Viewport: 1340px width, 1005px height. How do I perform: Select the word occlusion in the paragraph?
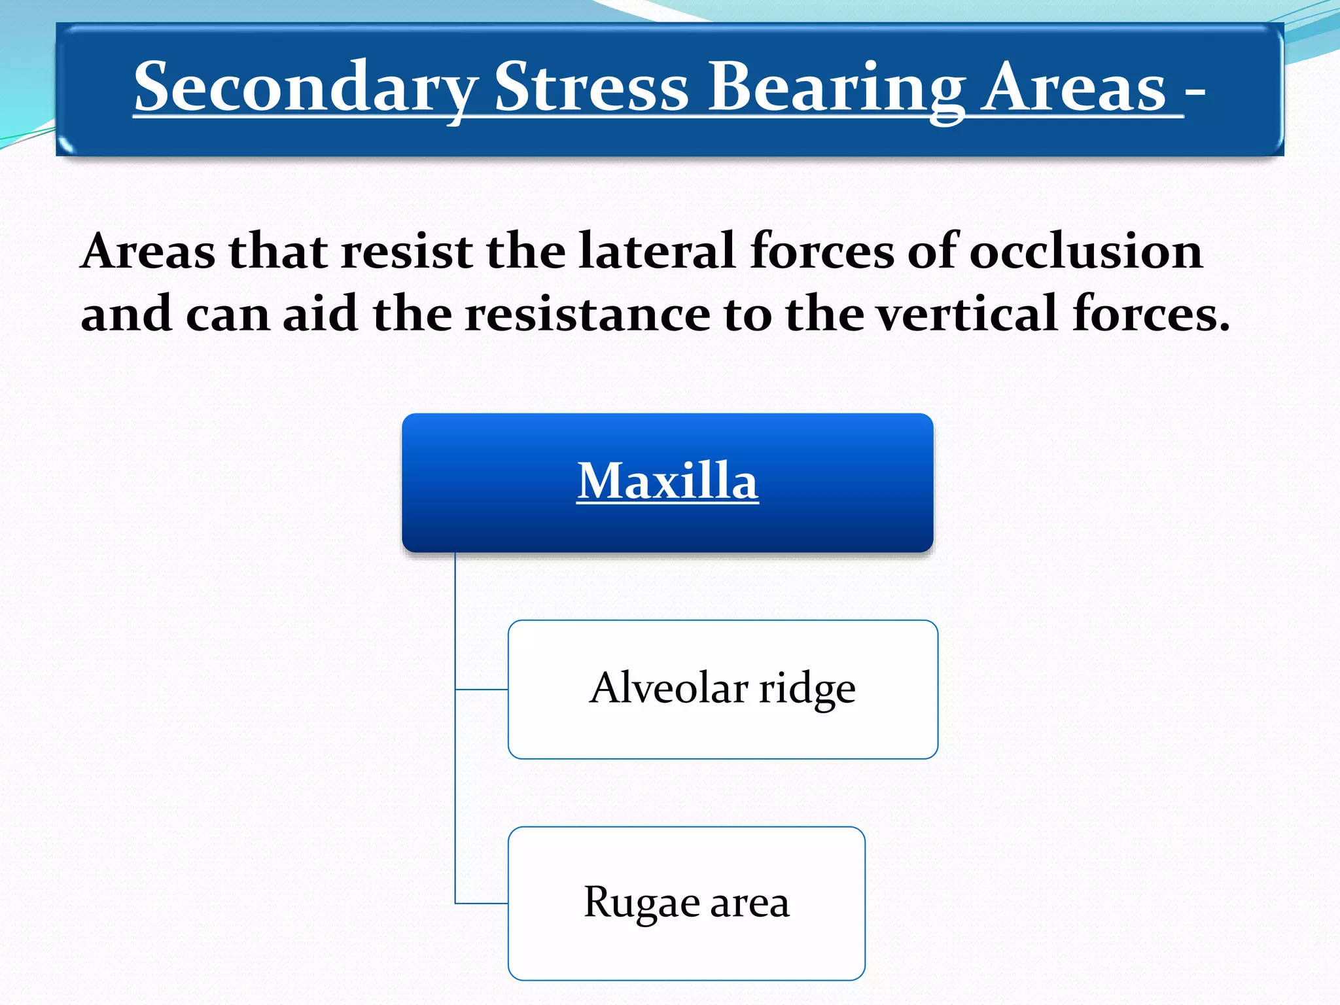coord(1085,251)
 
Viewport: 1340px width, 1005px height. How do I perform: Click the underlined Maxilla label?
coord(667,482)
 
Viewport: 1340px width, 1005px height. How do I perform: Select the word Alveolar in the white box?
coord(669,688)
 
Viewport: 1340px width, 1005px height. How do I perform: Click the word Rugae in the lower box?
coord(641,903)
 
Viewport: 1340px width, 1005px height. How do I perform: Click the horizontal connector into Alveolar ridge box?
coord(482,689)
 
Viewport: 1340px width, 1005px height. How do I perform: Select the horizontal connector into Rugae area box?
coord(482,904)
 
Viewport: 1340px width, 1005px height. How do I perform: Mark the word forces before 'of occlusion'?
coord(822,251)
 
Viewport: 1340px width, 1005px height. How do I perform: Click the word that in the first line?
coord(278,251)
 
